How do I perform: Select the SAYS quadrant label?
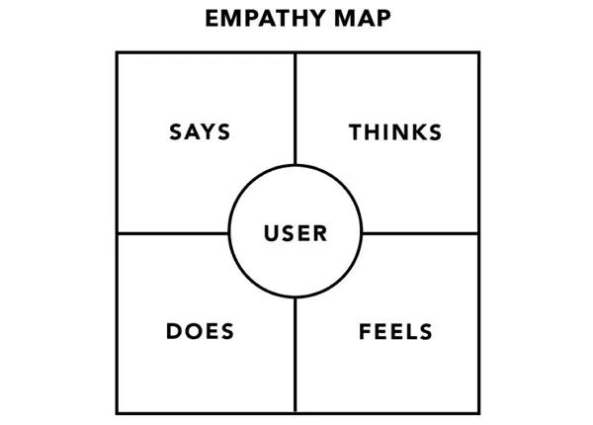[x=200, y=132]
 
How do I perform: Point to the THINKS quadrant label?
[x=395, y=132]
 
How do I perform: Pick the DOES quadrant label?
[x=200, y=331]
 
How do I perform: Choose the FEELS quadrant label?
[x=395, y=331]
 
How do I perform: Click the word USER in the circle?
[x=296, y=233]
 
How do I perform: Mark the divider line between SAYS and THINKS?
[x=296, y=109]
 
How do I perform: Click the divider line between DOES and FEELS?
[x=296, y=356]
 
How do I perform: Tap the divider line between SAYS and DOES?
[x=173, y=233]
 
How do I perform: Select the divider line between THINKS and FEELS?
[x=420, y=233]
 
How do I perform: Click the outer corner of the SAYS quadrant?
[x=117, y=53]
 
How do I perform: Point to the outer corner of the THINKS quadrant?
[x=478, y=53]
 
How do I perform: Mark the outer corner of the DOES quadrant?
[x=117, y=412]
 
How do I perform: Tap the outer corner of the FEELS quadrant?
[x=478, y=412]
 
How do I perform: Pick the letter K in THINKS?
[x=416, y=132]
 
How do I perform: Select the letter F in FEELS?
[x=364, y=331]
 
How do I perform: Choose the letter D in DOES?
[x=173, y=331]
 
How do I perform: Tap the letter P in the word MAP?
[x=382, y=19]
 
